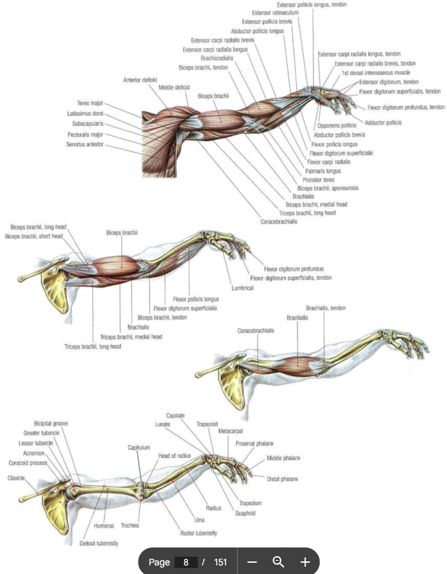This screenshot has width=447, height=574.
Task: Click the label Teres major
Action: pyautogui.click(x=90, y=103)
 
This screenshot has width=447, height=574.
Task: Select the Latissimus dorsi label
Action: pyautogui.click(x=86, y=113)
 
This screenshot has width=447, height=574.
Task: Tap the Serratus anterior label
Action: pyautogui.click(x=85, y=144)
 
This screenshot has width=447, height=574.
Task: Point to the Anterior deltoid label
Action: pyautogui.click(x=140, y=80)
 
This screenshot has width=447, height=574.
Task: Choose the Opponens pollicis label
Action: pyautogui.click(x=338, y=125)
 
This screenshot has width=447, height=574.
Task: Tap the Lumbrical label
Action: pyautogui.click(x=243, y=288)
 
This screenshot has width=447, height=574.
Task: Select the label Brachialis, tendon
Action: pyautogui.click(x=326, y=308)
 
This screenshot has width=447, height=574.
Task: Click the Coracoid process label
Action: pyautogui.click(x=28, y=463)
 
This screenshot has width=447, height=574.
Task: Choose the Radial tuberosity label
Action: pyautogui.click(x=198, y=532)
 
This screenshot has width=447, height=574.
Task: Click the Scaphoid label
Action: pyautogui.click(x=245, y=513)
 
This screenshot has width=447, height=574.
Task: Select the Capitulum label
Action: pyautogui.click(x=139, y=448)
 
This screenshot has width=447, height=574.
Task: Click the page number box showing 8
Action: pyautogui.click(x=186, y=562)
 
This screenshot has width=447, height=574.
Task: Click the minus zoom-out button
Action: pyautogui.click(x=252, y=562)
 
